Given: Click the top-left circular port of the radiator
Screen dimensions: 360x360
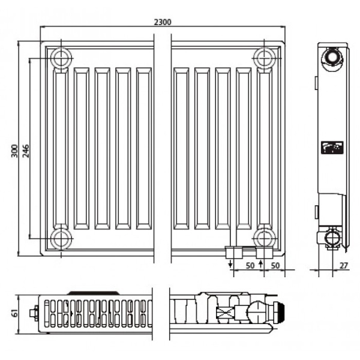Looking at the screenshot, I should coord(61,58).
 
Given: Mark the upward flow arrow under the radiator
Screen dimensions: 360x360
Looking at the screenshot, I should coord(260,265).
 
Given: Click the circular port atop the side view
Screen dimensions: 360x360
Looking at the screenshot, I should coord(331,58).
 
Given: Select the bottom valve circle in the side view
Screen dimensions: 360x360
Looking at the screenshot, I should coord(331,239).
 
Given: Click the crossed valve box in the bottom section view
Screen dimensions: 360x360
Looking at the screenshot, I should coord(226,313).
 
